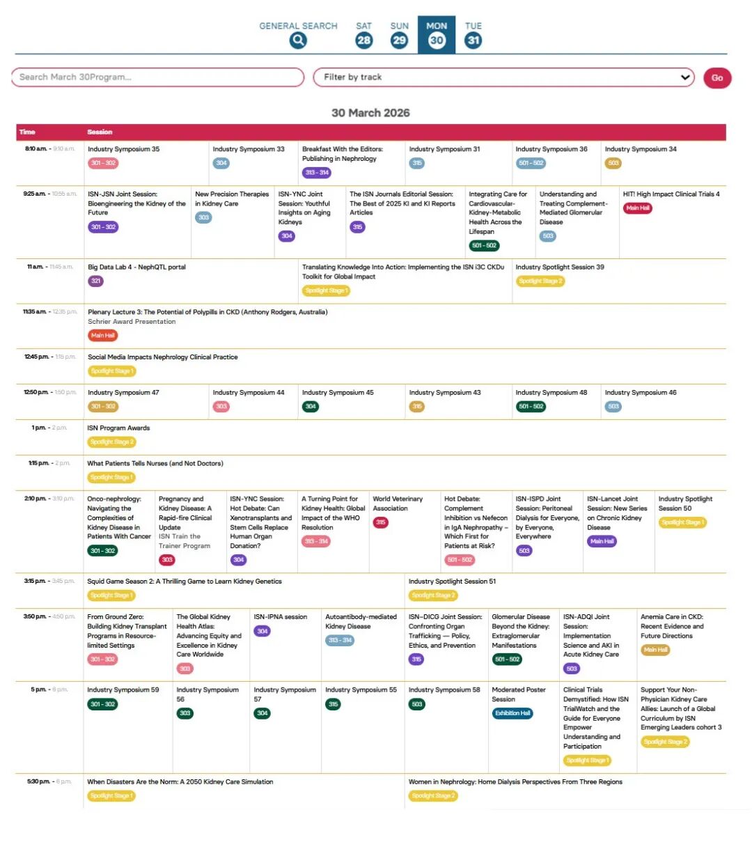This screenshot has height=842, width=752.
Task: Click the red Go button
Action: pyautogui.click(x=717, y=78)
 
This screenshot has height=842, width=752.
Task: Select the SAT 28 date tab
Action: pyautogui.click(x=363, y=34)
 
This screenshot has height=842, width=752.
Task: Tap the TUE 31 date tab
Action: pyautogui.click(x=473, y=34)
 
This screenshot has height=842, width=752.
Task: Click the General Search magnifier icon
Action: pyautogui.click(x=298, y=40)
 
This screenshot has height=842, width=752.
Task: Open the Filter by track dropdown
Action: pyautogui.click(x=504, y=77)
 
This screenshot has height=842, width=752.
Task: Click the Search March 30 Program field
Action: pyautogui.click(x=157, y=77)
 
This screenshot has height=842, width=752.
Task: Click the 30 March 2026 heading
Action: pyautogui.click(x=370, y=113)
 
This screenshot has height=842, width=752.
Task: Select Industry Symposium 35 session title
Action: pyautogui.click(x=123, y=149)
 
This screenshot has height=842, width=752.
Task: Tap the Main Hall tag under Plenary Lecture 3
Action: pyautogui.click(x=102, y=336)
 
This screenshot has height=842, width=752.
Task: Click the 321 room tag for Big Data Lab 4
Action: pyautogui.click(x=95, y=281)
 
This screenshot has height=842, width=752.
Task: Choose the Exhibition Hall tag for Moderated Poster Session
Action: pyautogui.click(x=512, y=713)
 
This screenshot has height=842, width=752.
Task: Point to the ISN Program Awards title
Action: pyautogui.click(x=118, y=428)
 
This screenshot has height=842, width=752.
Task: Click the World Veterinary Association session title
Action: pyautogui.click(x=398, y=504)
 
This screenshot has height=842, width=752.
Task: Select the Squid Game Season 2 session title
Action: pyautogui.click(x=185, y=582)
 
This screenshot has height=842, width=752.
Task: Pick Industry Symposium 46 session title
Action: pyautogui.click(x=641, y=393)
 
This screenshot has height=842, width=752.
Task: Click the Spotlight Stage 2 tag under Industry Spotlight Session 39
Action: pyautogui.click(x=540, y=281)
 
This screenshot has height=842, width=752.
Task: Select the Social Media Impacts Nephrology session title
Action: pyautogui.click(x=163, y=357)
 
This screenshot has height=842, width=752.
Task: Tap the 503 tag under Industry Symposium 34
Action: pyautogui.click(x=613, y=163)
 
